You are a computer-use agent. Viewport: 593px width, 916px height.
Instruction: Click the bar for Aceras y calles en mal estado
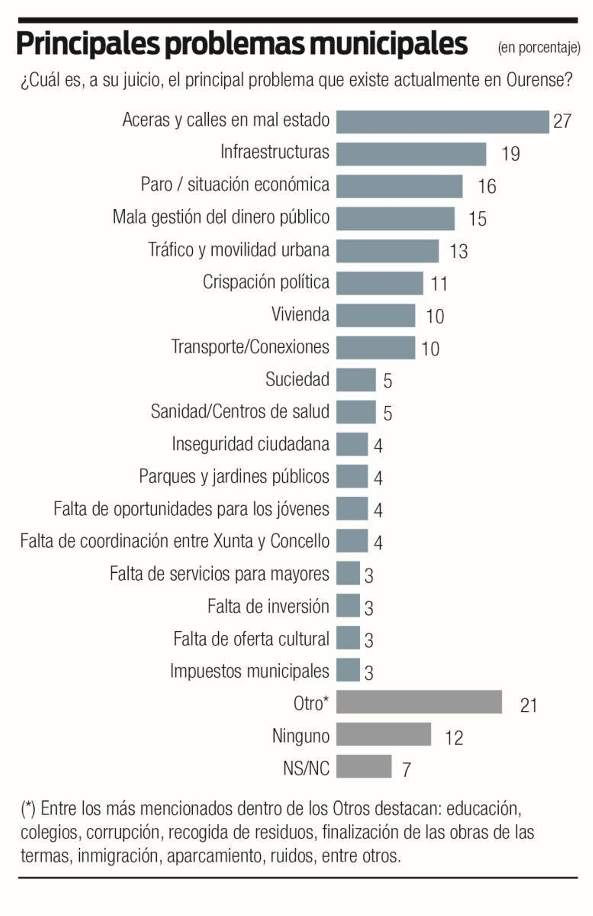[443, 122]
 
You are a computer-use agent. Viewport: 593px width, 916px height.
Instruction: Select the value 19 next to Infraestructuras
[511, 154]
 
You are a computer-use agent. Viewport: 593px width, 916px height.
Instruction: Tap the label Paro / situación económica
[235, 184]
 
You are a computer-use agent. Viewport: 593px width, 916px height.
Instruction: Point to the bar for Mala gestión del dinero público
[395, 219]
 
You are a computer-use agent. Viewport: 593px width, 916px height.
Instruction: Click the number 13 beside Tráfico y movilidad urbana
[459, 251]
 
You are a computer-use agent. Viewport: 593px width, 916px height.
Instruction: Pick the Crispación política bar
[380, 283]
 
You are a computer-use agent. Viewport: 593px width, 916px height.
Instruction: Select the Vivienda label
[300, 314]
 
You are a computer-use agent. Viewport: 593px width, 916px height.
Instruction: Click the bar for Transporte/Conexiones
[375, 348]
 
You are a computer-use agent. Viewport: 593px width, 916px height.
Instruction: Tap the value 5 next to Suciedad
[388, 381]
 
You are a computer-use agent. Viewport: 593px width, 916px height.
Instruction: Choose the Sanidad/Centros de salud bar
[356, 412]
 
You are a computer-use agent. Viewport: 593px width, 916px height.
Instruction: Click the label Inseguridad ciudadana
[251, 444]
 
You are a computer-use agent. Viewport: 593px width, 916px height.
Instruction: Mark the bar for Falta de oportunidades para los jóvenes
[352, 509]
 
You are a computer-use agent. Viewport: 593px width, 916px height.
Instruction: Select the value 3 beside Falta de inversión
[369, 608]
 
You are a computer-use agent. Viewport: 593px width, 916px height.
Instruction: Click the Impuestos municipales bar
[348, 670]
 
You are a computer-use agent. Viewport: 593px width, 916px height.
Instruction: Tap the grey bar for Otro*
[419, 702]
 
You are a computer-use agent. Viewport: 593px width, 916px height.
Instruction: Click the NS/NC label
[306, 768]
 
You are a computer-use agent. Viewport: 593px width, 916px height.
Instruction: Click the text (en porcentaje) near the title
[539, 47]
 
